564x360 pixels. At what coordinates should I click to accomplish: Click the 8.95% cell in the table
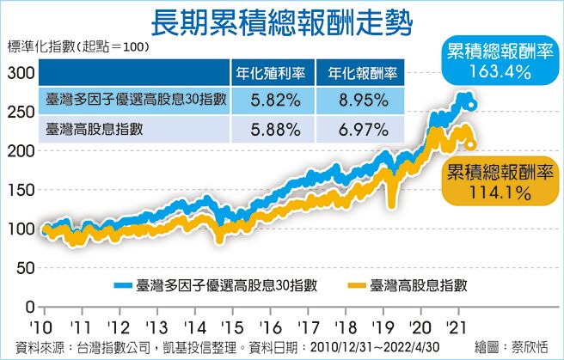tap(359, 100)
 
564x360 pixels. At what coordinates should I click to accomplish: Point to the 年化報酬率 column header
tap(359, 71)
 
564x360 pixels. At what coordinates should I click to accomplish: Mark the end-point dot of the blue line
tap(472, 107)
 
